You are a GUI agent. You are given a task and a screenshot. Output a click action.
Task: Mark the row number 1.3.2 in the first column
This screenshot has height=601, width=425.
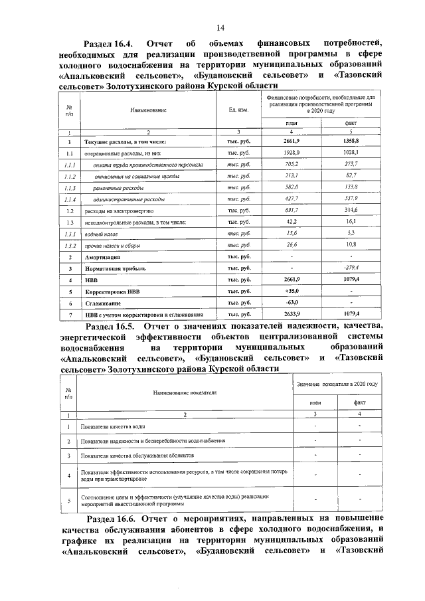click(70, 245)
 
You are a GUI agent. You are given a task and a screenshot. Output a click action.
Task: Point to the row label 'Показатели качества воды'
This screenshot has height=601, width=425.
click(112, 426)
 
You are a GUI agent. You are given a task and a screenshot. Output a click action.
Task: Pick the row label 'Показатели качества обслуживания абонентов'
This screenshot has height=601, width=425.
click(137, 456)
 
